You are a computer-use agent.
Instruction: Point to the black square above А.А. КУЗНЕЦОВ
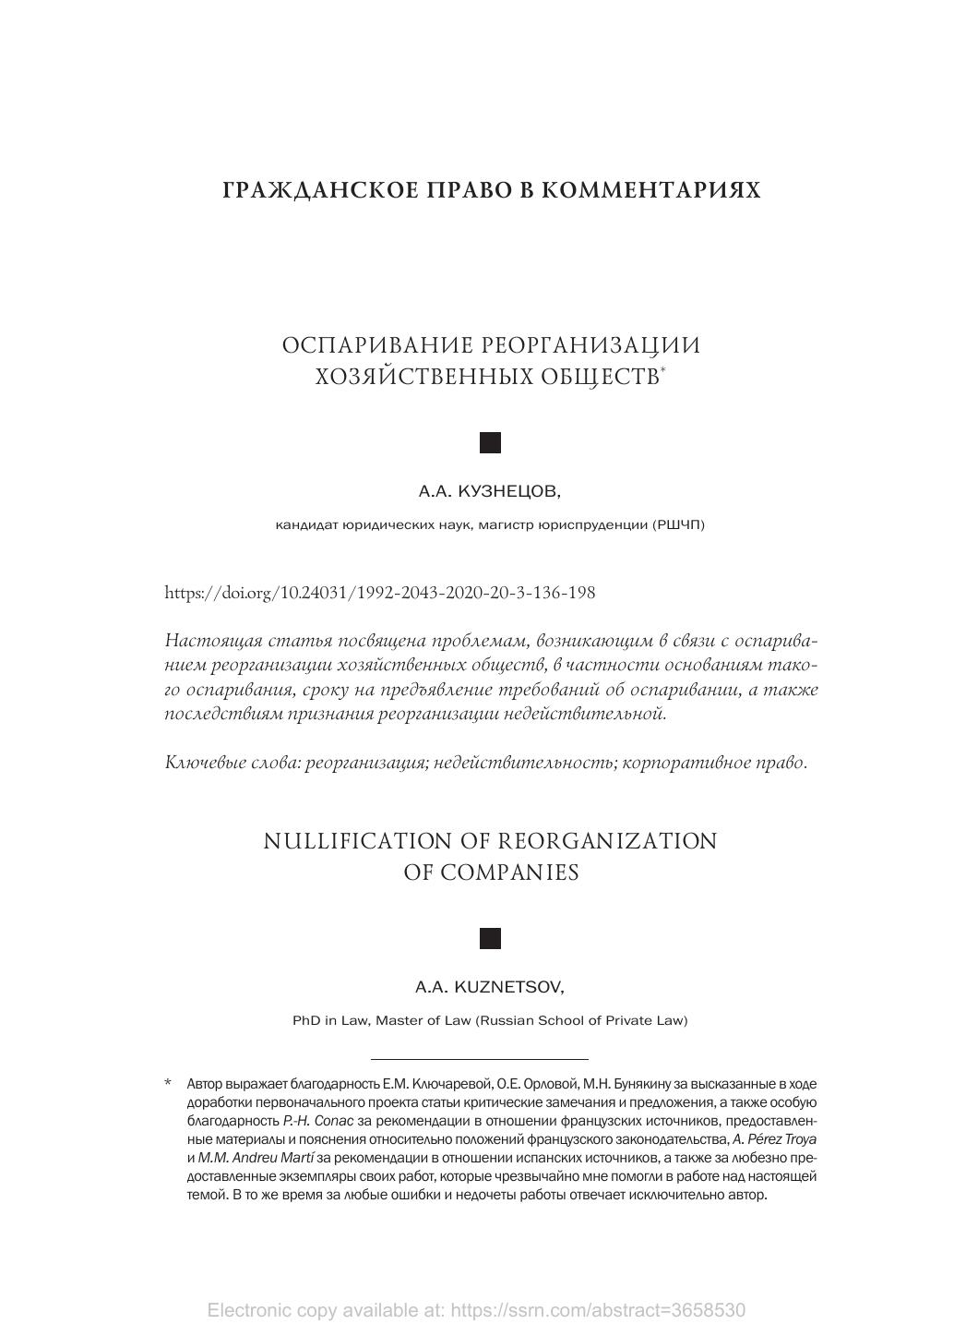(x=491, y=443)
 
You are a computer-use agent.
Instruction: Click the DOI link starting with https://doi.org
(x=379, y=593)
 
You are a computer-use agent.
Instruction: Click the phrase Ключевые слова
(x=232, y=763)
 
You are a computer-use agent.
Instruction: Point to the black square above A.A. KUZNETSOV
(x=491, y=939)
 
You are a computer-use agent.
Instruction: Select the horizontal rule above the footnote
(x=479, y=1059)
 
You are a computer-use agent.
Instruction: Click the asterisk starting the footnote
(x=168, y=1083)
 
